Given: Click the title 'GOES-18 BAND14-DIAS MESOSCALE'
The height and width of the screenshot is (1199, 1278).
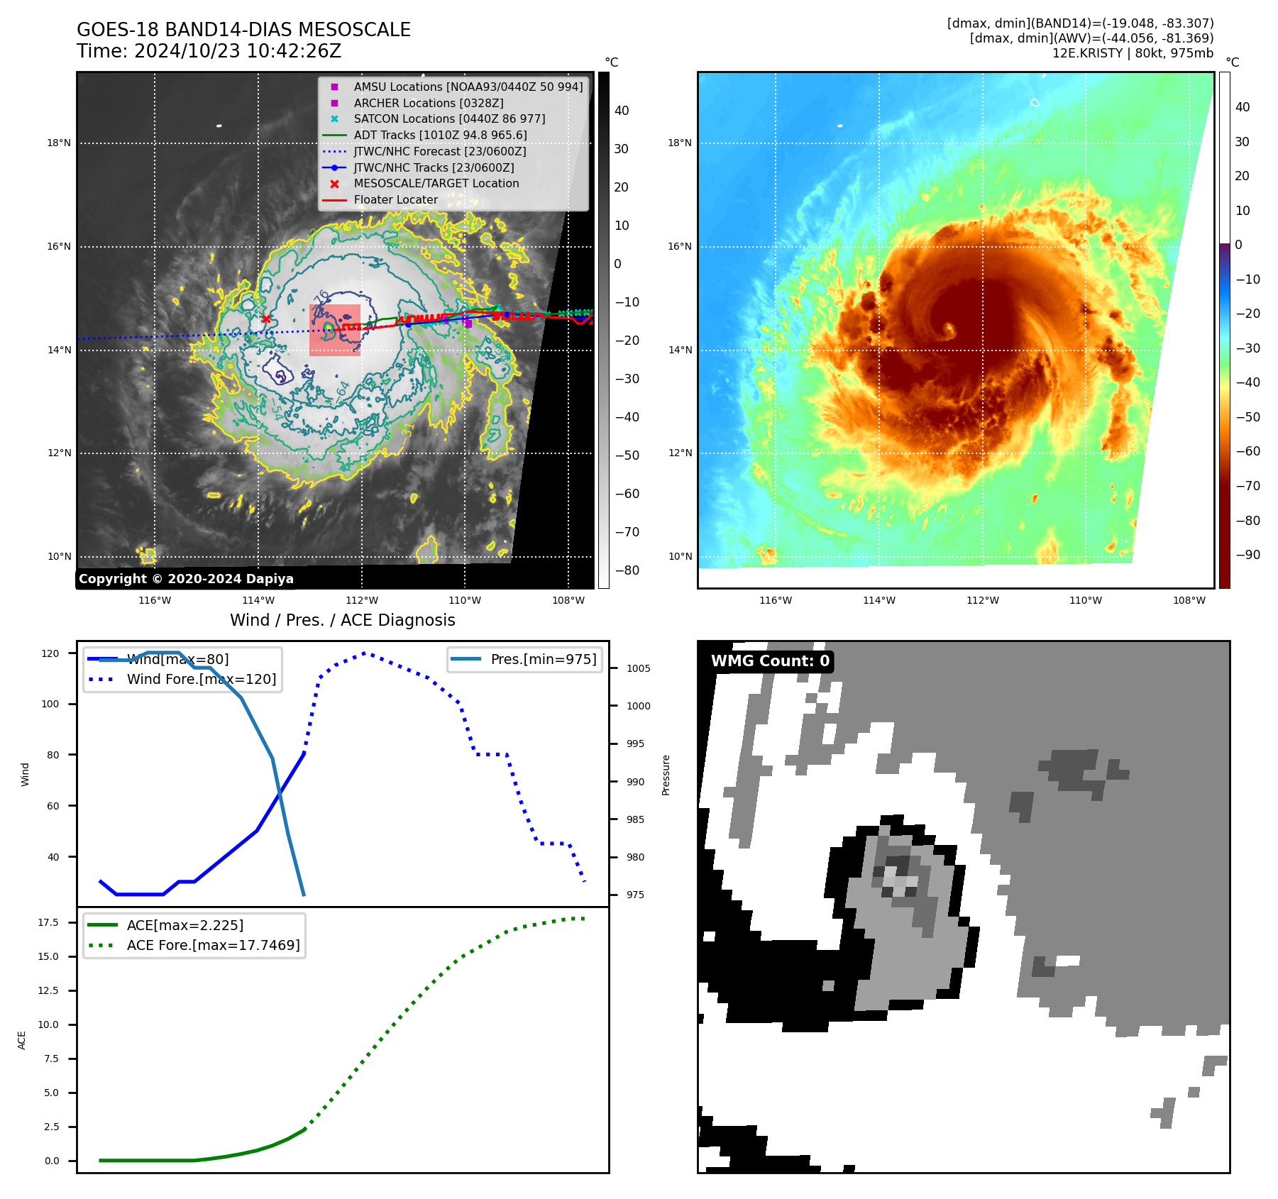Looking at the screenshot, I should pos(243,30).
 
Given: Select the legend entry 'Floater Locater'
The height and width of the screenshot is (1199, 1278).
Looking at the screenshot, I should pos(395,200).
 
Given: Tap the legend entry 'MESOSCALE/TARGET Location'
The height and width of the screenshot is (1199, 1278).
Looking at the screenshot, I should pos(436,184).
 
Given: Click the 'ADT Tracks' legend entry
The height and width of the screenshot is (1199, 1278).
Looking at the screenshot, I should pos(440,135).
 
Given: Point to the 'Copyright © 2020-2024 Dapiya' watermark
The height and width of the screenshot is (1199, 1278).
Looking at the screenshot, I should pos(186,579).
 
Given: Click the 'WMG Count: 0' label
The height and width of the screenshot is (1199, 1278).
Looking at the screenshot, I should pos(770,661).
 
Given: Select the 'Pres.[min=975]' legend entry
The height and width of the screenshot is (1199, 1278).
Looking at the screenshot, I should pos(543,659).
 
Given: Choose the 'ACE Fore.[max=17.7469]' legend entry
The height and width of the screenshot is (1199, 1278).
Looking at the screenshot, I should pos(213,946).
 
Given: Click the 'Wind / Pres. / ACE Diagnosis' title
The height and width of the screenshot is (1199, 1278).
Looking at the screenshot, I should pos(342,620).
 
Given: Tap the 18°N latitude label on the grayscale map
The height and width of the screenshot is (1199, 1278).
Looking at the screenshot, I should pos(59,143).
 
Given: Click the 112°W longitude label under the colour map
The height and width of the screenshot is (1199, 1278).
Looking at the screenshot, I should pos(982,601).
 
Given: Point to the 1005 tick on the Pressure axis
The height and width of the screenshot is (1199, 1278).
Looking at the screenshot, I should pos(638,668).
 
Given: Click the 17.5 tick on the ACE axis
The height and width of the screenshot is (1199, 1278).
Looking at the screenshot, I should pos(48,922).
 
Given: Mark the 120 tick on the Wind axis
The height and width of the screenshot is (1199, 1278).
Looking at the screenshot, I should pos(50,653).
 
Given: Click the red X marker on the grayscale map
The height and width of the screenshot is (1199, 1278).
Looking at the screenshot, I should pos(266,319).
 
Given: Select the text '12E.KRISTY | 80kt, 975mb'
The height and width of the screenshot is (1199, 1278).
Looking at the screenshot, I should pos(1133,53).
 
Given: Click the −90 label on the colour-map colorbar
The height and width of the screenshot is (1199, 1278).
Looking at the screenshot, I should pos(1247,555).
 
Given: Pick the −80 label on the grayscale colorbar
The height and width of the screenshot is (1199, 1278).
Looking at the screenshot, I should pos(627,570).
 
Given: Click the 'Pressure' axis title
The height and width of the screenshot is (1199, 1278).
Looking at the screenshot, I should pos(666,775).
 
